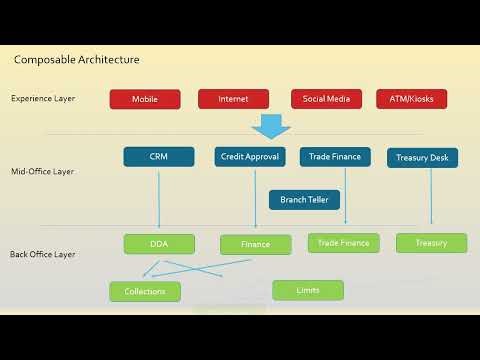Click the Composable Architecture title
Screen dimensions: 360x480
click(77, 60)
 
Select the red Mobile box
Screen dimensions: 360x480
click(144, 99)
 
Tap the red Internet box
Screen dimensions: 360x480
click(233, 99)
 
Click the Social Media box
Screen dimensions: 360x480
click(326, 99)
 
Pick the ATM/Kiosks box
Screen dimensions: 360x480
click(411, 99)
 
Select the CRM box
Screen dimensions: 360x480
click(159, 157)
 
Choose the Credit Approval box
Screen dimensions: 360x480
click(250, 157)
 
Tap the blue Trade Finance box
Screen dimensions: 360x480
click(335, 157)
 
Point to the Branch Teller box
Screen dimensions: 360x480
click(304, 199)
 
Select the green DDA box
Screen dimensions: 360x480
click(159, 244)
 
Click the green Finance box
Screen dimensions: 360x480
click(255, 244)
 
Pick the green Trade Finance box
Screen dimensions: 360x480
click(343, 243)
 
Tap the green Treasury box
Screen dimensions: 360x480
click(431, 243)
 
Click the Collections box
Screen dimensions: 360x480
click(145, 291)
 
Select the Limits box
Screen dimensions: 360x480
click(308, 290)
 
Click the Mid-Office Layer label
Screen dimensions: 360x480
click(42, 172)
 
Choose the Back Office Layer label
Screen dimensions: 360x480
click(42, 255)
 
